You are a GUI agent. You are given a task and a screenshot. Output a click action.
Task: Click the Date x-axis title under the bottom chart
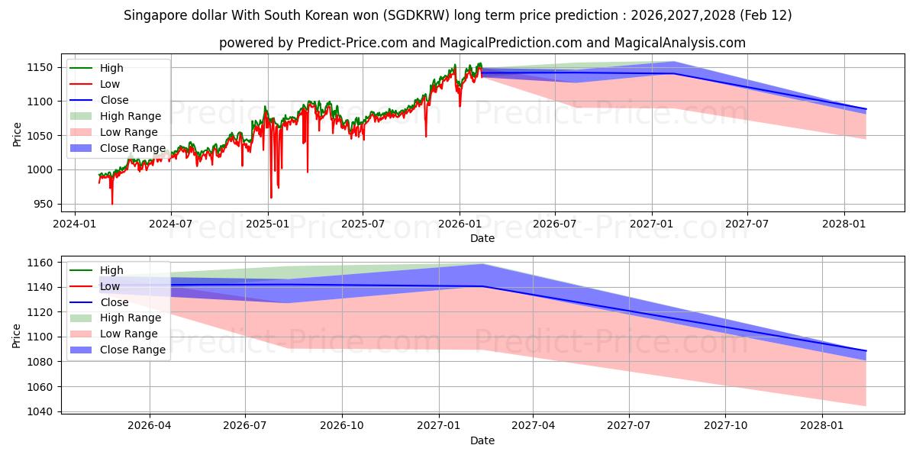(x=482, y=440)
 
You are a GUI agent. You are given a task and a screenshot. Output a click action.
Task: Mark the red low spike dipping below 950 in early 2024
(x=112, y=203)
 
